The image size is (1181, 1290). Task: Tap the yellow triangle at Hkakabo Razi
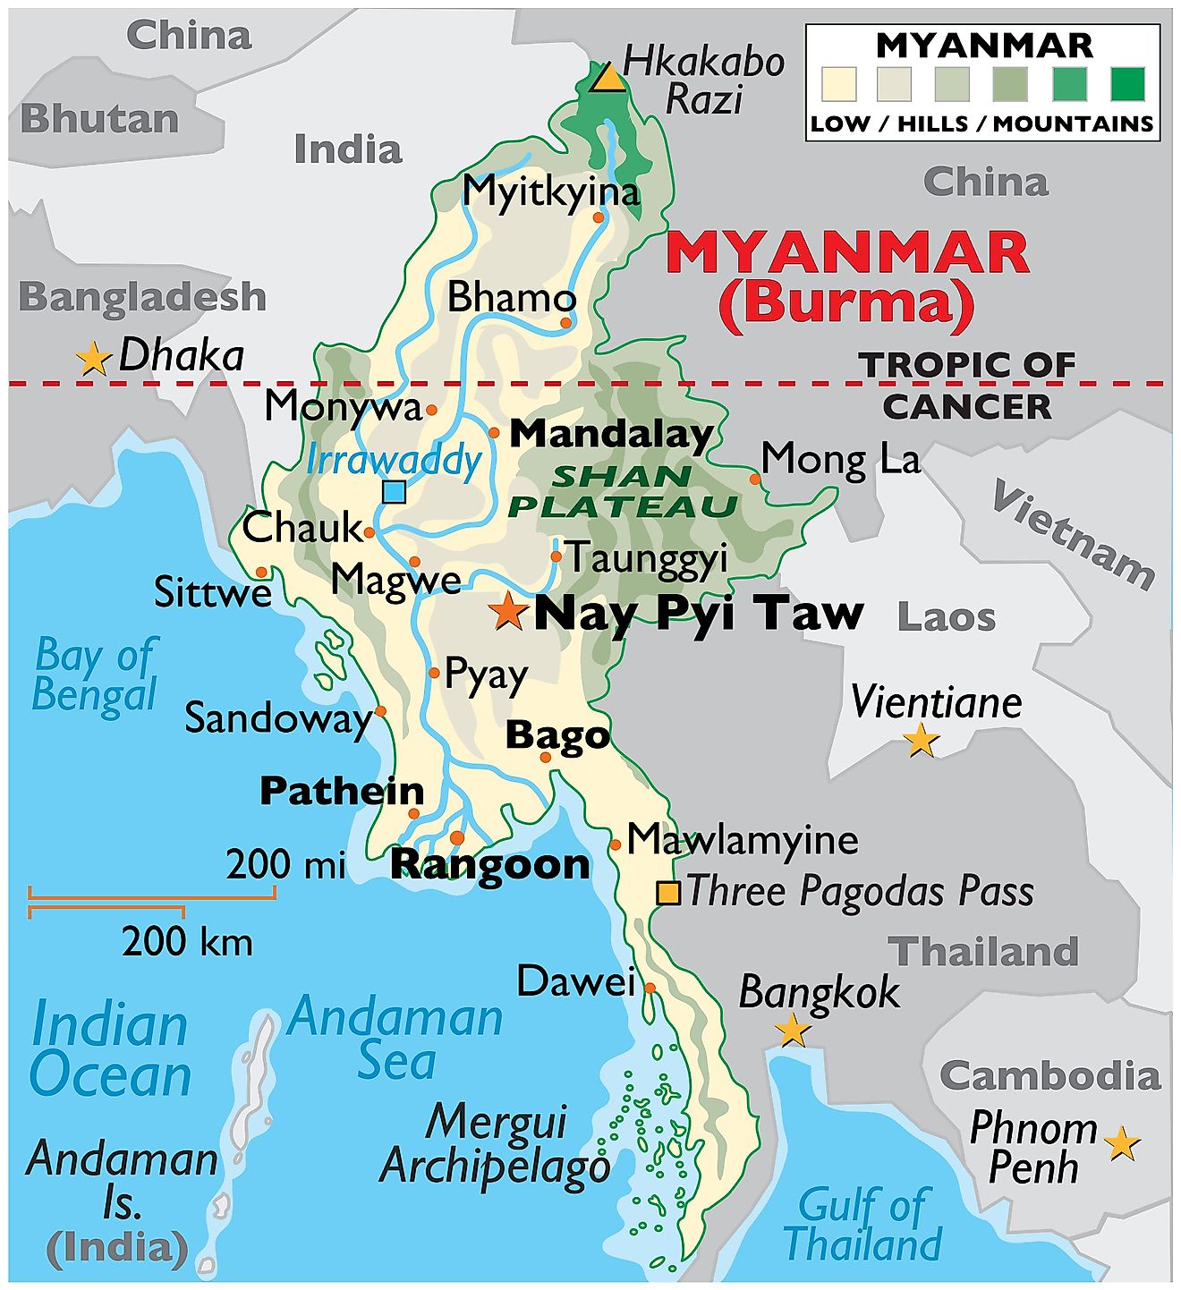(609, 78)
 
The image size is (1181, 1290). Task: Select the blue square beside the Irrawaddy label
(394, 492)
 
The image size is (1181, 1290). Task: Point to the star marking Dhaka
(93, 359)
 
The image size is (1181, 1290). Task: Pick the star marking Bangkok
(793, 1030)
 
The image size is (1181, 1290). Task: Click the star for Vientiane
(921, 740)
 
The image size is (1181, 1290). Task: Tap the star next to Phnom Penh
(1122, 1143)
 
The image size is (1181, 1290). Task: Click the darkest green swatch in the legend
(1127, 84)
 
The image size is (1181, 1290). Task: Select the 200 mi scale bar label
(285, 864)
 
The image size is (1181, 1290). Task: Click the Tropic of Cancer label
(967, 386)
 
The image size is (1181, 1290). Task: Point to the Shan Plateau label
(623, 491)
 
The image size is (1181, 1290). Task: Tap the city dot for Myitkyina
(599, 216)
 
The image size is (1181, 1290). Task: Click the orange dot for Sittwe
(261, 572)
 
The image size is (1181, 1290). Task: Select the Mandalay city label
(611, 434)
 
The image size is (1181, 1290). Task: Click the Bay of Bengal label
(96, 675)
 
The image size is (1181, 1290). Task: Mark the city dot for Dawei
(650, 988)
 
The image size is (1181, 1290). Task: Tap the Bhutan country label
(99, 119)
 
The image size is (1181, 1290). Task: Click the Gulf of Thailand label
(862, 1223)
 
